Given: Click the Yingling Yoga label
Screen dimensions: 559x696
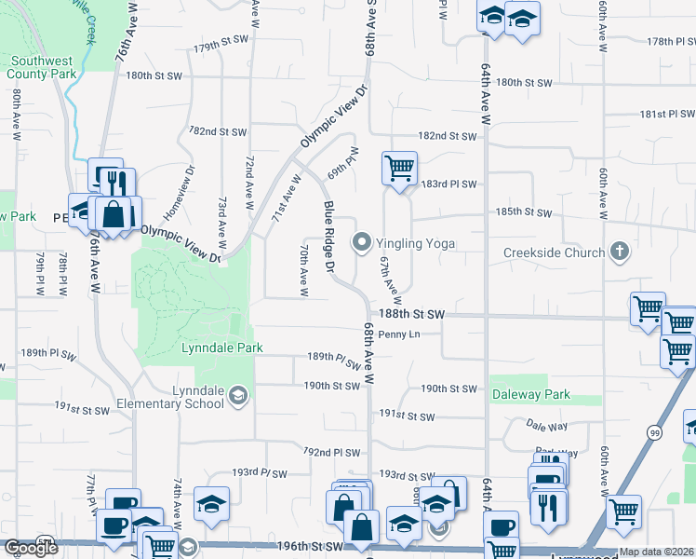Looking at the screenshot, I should coord(416,243).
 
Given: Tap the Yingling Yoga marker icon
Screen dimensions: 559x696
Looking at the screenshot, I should coord(361,243).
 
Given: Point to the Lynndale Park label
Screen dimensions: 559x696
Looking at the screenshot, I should coord(222,348).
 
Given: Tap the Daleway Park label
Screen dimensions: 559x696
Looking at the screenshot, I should coord(530,394).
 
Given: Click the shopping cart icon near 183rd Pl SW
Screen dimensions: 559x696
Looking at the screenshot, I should coord(399,170).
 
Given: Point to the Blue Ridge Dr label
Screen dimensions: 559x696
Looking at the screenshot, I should coord(328,237).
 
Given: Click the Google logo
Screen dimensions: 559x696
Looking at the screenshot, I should coord(30,548).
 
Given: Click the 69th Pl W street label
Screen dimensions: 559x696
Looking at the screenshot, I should coord(342,163).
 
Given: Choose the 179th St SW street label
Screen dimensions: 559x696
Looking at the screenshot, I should coord(220,47).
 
